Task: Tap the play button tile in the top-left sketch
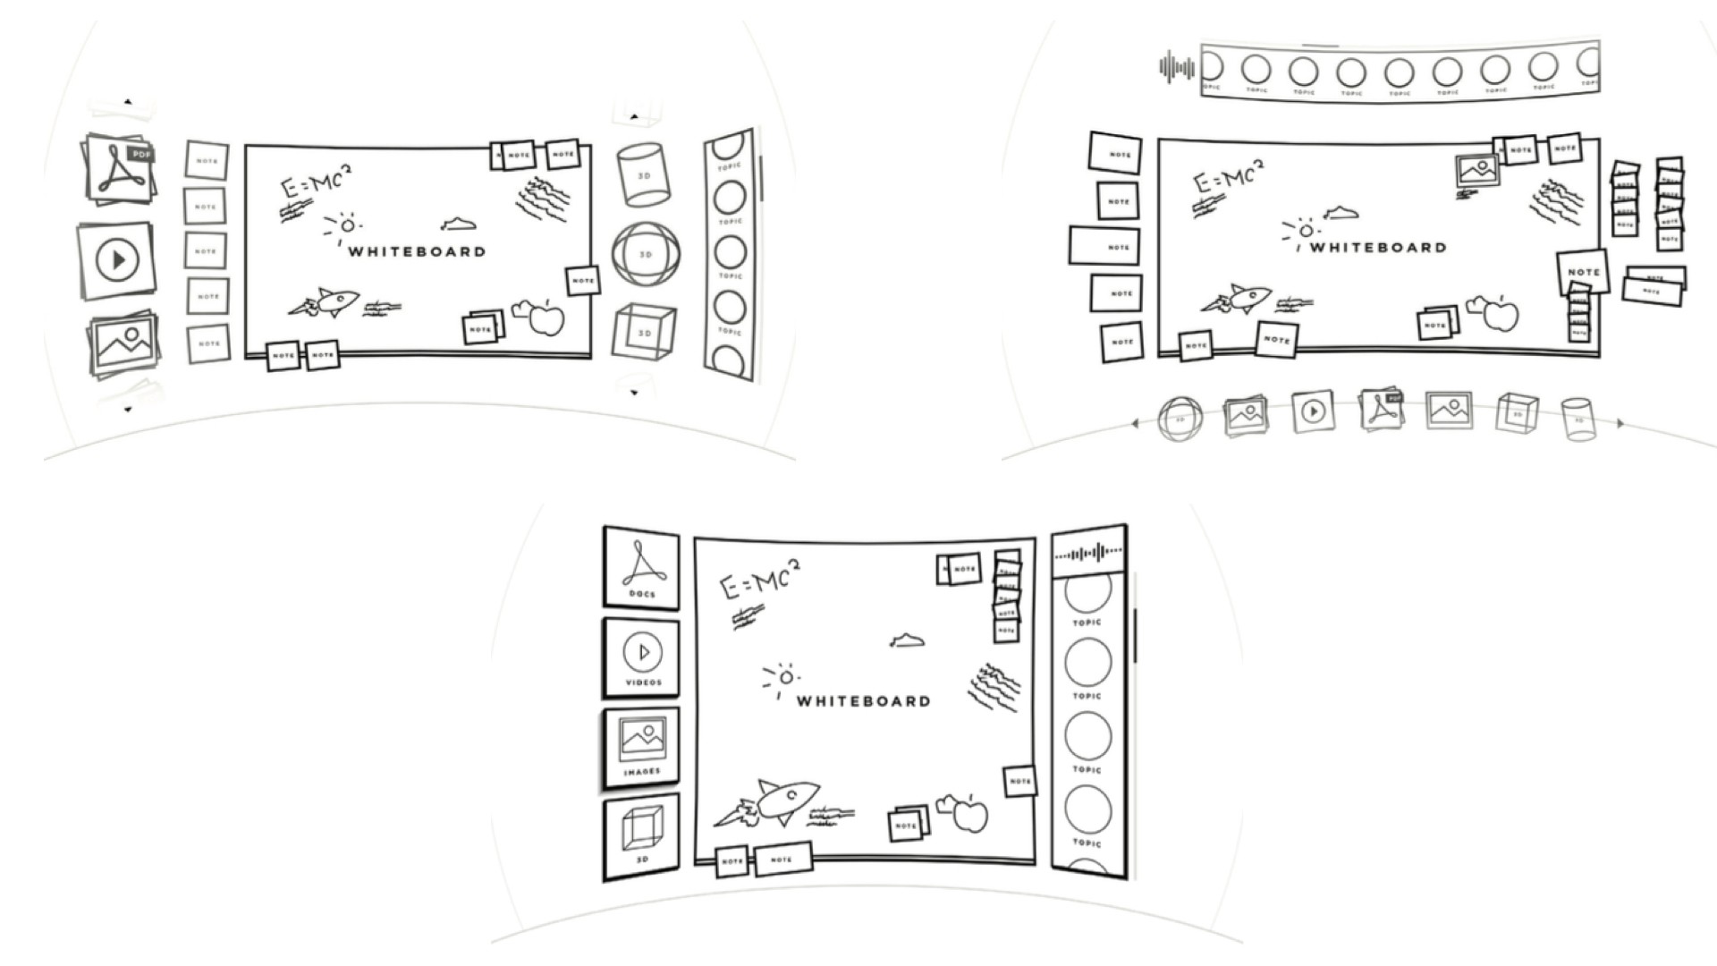click(x=117, y=260)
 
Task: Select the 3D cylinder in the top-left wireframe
click(x=641, y=174)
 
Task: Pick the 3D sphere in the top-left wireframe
click(x=646, y=254)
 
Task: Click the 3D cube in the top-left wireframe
click(x=643, y=331)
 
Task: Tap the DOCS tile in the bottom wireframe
click(x=641, y=568)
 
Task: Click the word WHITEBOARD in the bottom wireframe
click(x=863, y=701)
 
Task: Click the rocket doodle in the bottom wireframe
click(x=769, y=802)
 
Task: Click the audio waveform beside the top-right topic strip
click(x=1176, y=67)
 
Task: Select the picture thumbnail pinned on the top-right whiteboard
click(x=1476, y=169)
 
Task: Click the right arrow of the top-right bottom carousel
click(x=1620, y=424)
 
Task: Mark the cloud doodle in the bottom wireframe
click(x=908, y=640)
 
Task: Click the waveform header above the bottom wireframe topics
click(x=1087, y=555)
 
